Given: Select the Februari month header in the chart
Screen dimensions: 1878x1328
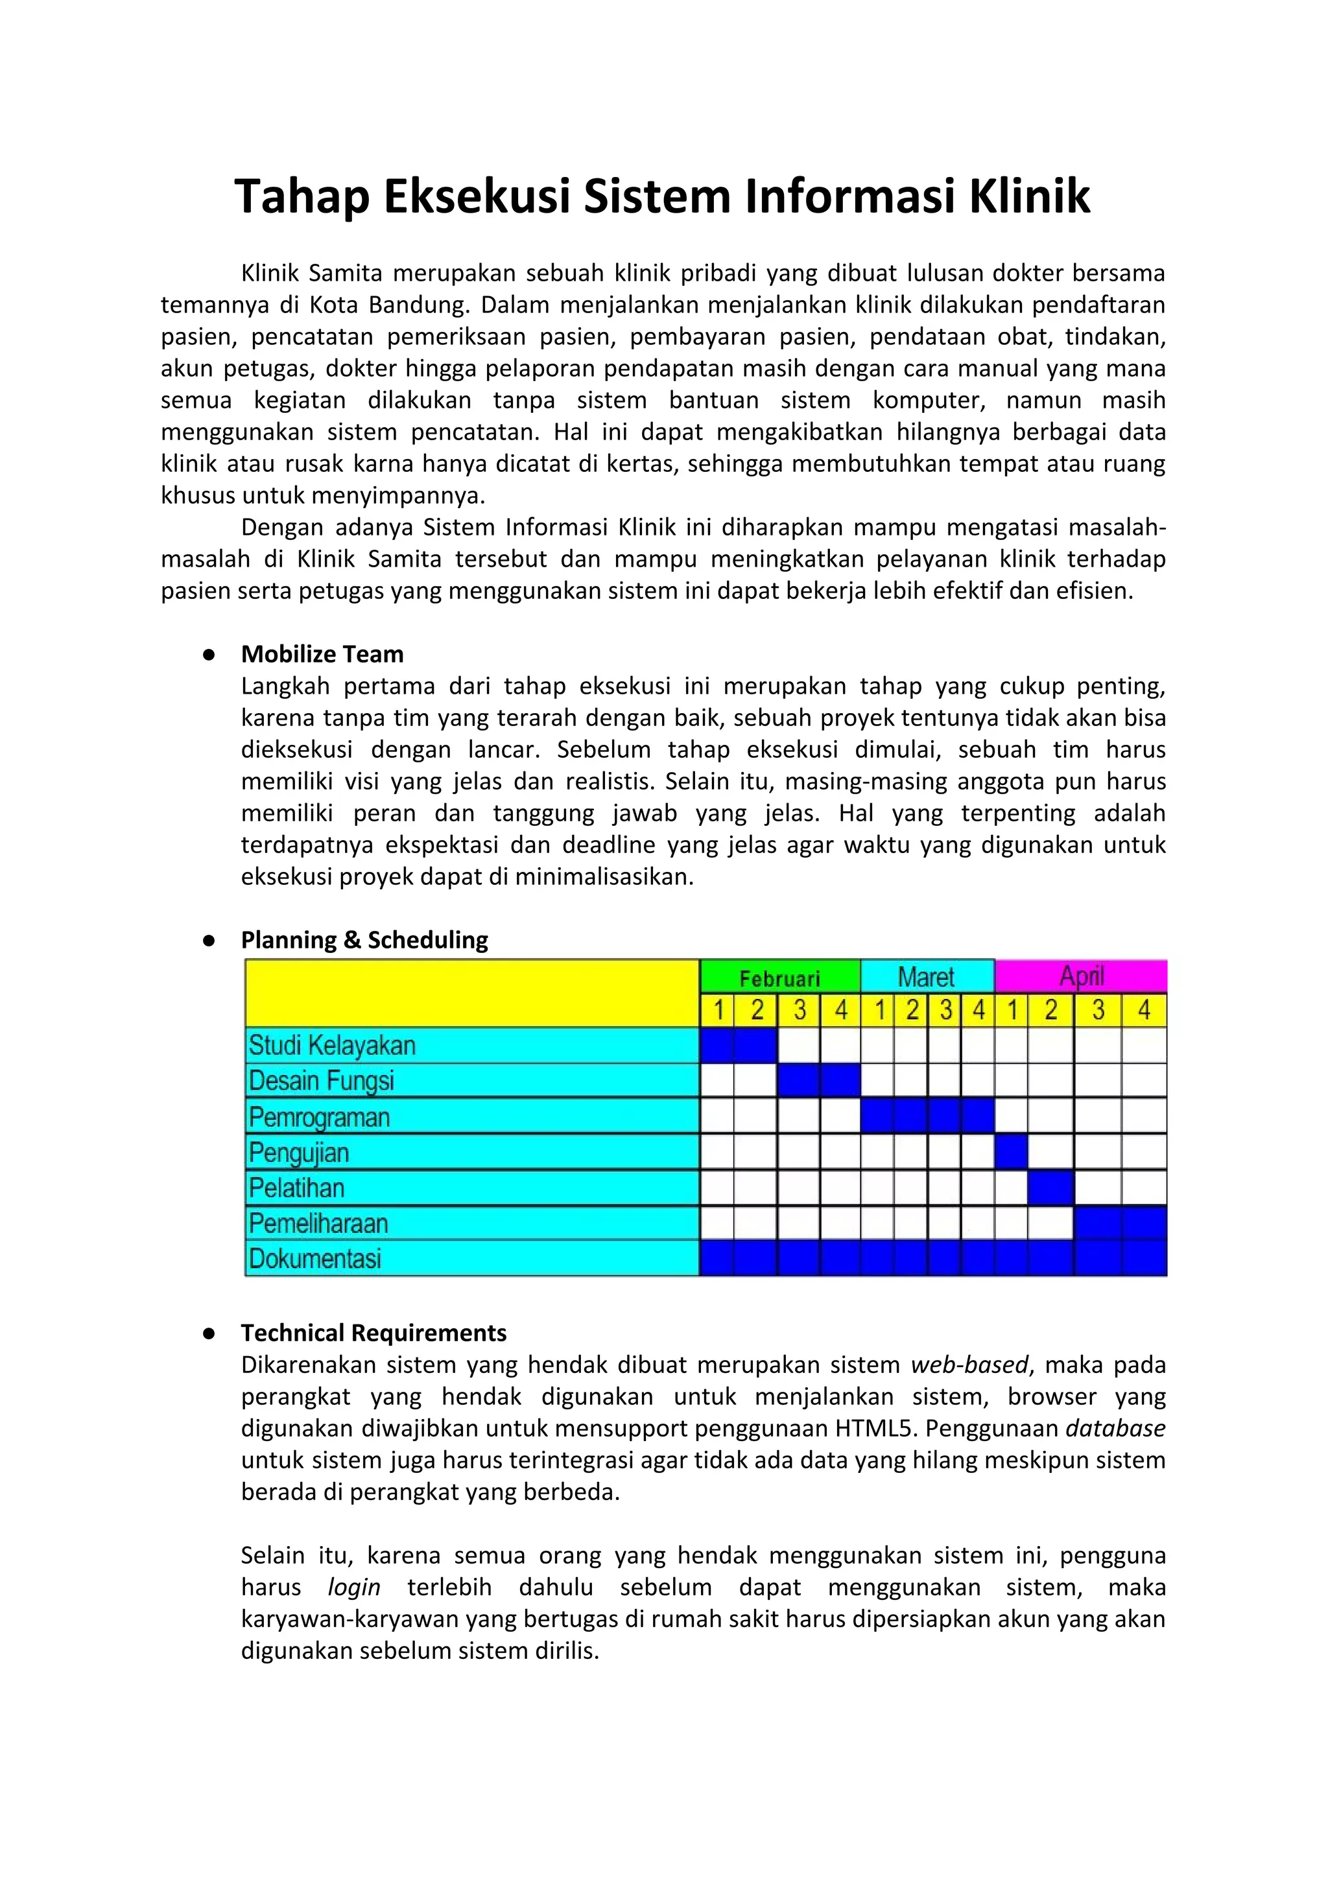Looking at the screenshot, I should point(779,978).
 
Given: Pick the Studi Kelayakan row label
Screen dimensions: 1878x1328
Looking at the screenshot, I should point(332,1046).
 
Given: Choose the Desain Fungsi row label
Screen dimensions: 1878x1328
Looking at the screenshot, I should point(322,1081).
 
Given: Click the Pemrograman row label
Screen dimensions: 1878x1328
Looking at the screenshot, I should point(319,1116).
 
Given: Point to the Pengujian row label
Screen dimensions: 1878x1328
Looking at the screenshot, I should point(300,1153).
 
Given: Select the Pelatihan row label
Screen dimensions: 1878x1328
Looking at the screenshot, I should point(297,1188).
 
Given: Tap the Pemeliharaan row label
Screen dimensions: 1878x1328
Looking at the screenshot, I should point(318,1224).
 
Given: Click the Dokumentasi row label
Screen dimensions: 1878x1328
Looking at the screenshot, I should point(315,1259).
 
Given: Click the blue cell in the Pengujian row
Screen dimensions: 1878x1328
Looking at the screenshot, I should point(1012,1153).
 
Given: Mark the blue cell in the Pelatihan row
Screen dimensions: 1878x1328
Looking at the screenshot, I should point(1050,1188).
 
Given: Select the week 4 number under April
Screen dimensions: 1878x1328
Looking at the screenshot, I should point(1144,1010).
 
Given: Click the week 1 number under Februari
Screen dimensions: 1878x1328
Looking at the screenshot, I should point(718,1010).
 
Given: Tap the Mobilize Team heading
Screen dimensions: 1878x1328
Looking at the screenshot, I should point(322,654).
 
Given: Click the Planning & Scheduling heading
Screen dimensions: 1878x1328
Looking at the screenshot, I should point(364,940).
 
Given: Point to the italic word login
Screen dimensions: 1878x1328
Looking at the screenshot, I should point(353,1588).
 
